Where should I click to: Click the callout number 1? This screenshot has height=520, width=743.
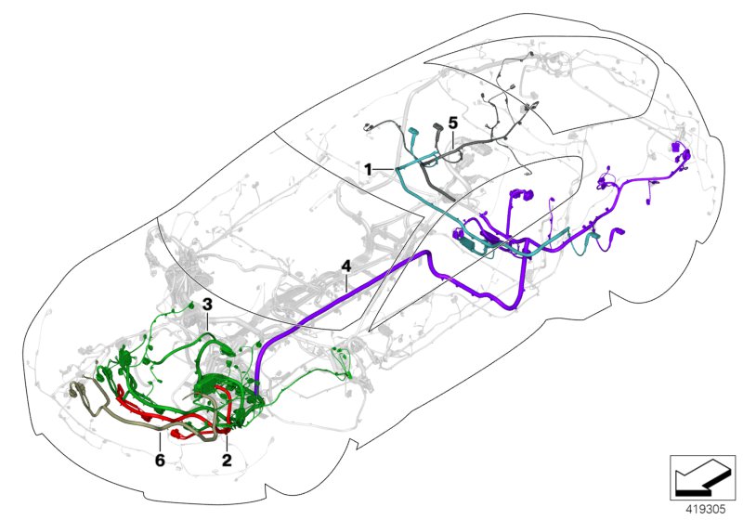tap(368, 169)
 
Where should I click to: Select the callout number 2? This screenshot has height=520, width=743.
tap(227, 460)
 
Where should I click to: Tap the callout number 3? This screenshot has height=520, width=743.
tap(207, 305)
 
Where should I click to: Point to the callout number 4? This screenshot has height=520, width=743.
tap(346, 266)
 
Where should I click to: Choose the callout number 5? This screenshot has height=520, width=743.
tap(453, 123)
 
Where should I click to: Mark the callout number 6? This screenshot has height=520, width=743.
tap(160, 460)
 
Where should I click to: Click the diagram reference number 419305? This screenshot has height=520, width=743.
tap(706, 510)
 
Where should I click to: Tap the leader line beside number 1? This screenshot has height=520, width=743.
tap(385, 169)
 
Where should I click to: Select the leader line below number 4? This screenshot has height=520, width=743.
tap(346, 282)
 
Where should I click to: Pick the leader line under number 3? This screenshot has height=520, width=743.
tap(207, 322)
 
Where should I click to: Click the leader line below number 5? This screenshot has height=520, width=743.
tap(453, 137)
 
